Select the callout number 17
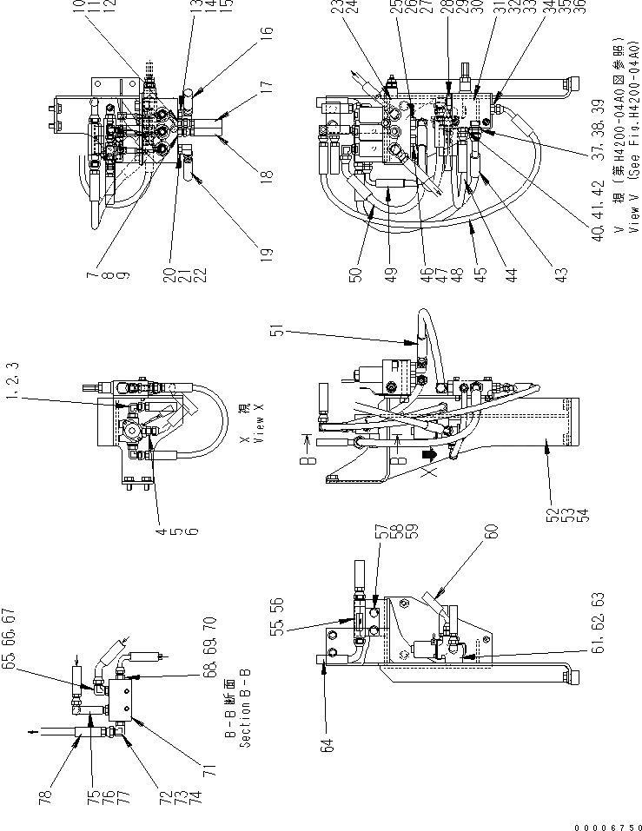point(266,87)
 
